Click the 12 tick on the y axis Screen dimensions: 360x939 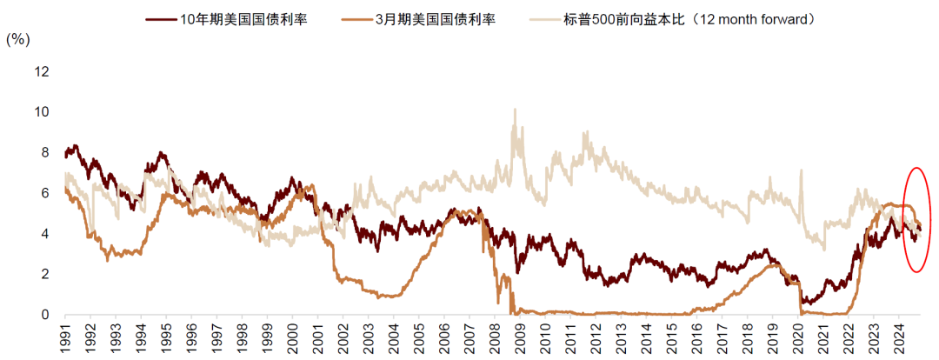[42, 71]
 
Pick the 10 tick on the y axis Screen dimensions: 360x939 [42, 112]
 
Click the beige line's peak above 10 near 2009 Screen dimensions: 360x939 [515, 110]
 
